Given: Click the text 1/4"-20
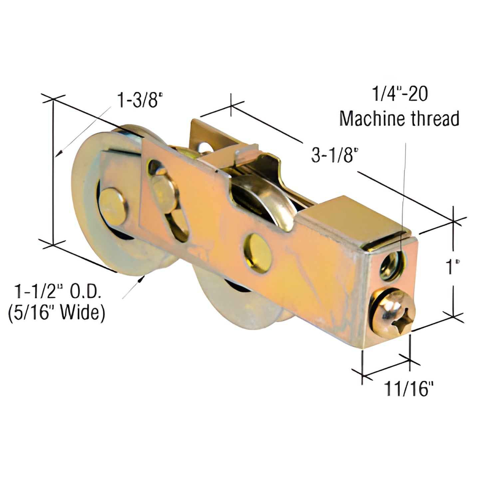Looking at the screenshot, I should [400, 94].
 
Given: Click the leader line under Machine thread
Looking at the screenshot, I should [404, 186].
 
